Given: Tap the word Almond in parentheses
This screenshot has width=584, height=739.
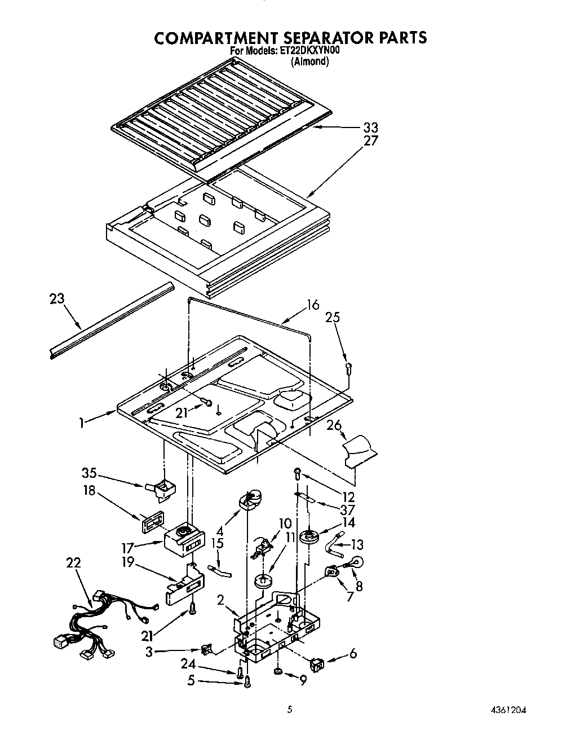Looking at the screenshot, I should point(309,61).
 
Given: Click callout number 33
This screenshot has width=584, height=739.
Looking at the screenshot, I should point(370,127).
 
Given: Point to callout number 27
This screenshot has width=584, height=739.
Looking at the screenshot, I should point(370,140).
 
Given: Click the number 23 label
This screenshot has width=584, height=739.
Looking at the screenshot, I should point(57,298).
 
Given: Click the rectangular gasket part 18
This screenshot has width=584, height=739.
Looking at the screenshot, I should point(151,521).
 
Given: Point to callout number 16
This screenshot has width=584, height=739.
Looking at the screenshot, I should point(312,305).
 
